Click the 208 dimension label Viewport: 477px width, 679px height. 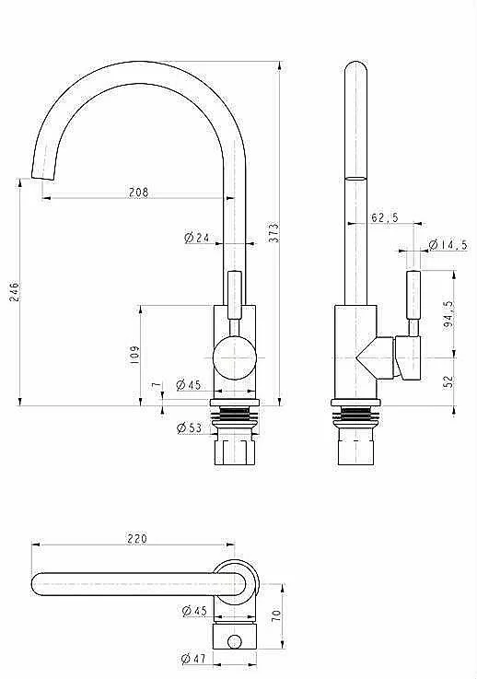point(138,192)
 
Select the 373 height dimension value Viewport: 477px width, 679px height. point(274,232)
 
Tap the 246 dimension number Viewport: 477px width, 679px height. point(15,292)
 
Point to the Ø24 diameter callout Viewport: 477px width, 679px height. point(197,238)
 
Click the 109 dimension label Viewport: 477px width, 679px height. point(134,354)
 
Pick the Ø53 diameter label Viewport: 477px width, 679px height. point(190,427)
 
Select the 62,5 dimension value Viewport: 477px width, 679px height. point(384,217)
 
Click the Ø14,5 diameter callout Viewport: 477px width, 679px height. point(448,245)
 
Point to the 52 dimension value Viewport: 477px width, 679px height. point(448,381)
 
